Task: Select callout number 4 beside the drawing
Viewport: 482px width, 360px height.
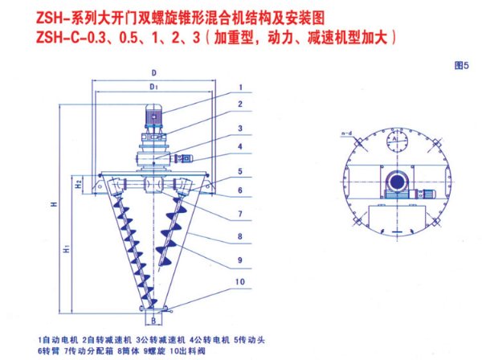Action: point(239,147)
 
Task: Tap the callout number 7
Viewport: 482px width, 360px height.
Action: point(239,214)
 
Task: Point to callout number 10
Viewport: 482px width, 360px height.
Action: point(239,280)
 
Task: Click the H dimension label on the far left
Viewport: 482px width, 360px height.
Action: point(51,204)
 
